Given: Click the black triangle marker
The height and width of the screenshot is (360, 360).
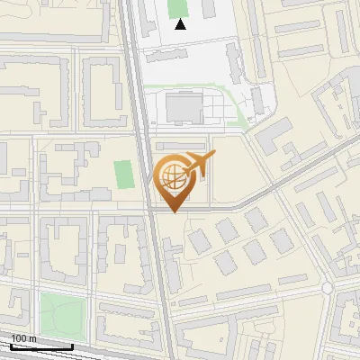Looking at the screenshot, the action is pos(181,24).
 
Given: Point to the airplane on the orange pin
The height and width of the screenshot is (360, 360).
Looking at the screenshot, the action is pos(199,165).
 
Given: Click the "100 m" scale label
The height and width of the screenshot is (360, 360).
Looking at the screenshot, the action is pos(24,338).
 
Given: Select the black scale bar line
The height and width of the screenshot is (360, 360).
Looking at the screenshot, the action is pos(41,346).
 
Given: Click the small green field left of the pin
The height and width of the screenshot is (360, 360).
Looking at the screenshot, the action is pos(124,174).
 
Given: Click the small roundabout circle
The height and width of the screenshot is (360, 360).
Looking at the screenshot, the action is pos(328,287).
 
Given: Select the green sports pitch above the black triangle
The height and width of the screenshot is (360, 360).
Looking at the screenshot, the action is pos(178,7).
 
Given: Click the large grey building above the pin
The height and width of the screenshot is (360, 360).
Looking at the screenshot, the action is pos(185,109).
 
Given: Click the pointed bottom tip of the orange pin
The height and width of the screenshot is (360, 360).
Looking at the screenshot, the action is pos(175,211).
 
